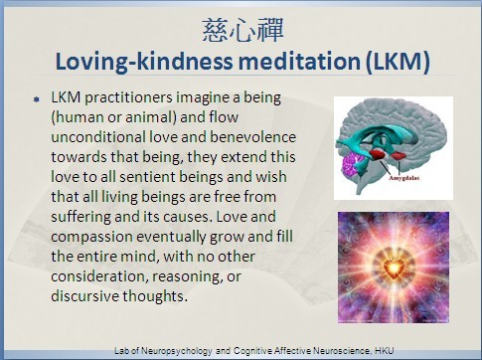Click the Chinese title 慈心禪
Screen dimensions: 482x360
[x=242, y=30]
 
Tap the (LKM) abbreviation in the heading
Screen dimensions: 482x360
[x=398, y=62]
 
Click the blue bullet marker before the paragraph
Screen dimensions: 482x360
[x=37, y=99]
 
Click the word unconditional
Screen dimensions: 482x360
[x=98, y=137]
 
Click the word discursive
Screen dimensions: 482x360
[x=84, y=296]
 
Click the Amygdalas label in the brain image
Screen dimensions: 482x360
[x=403, y=178]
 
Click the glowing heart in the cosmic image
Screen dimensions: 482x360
[x=394, y=268]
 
